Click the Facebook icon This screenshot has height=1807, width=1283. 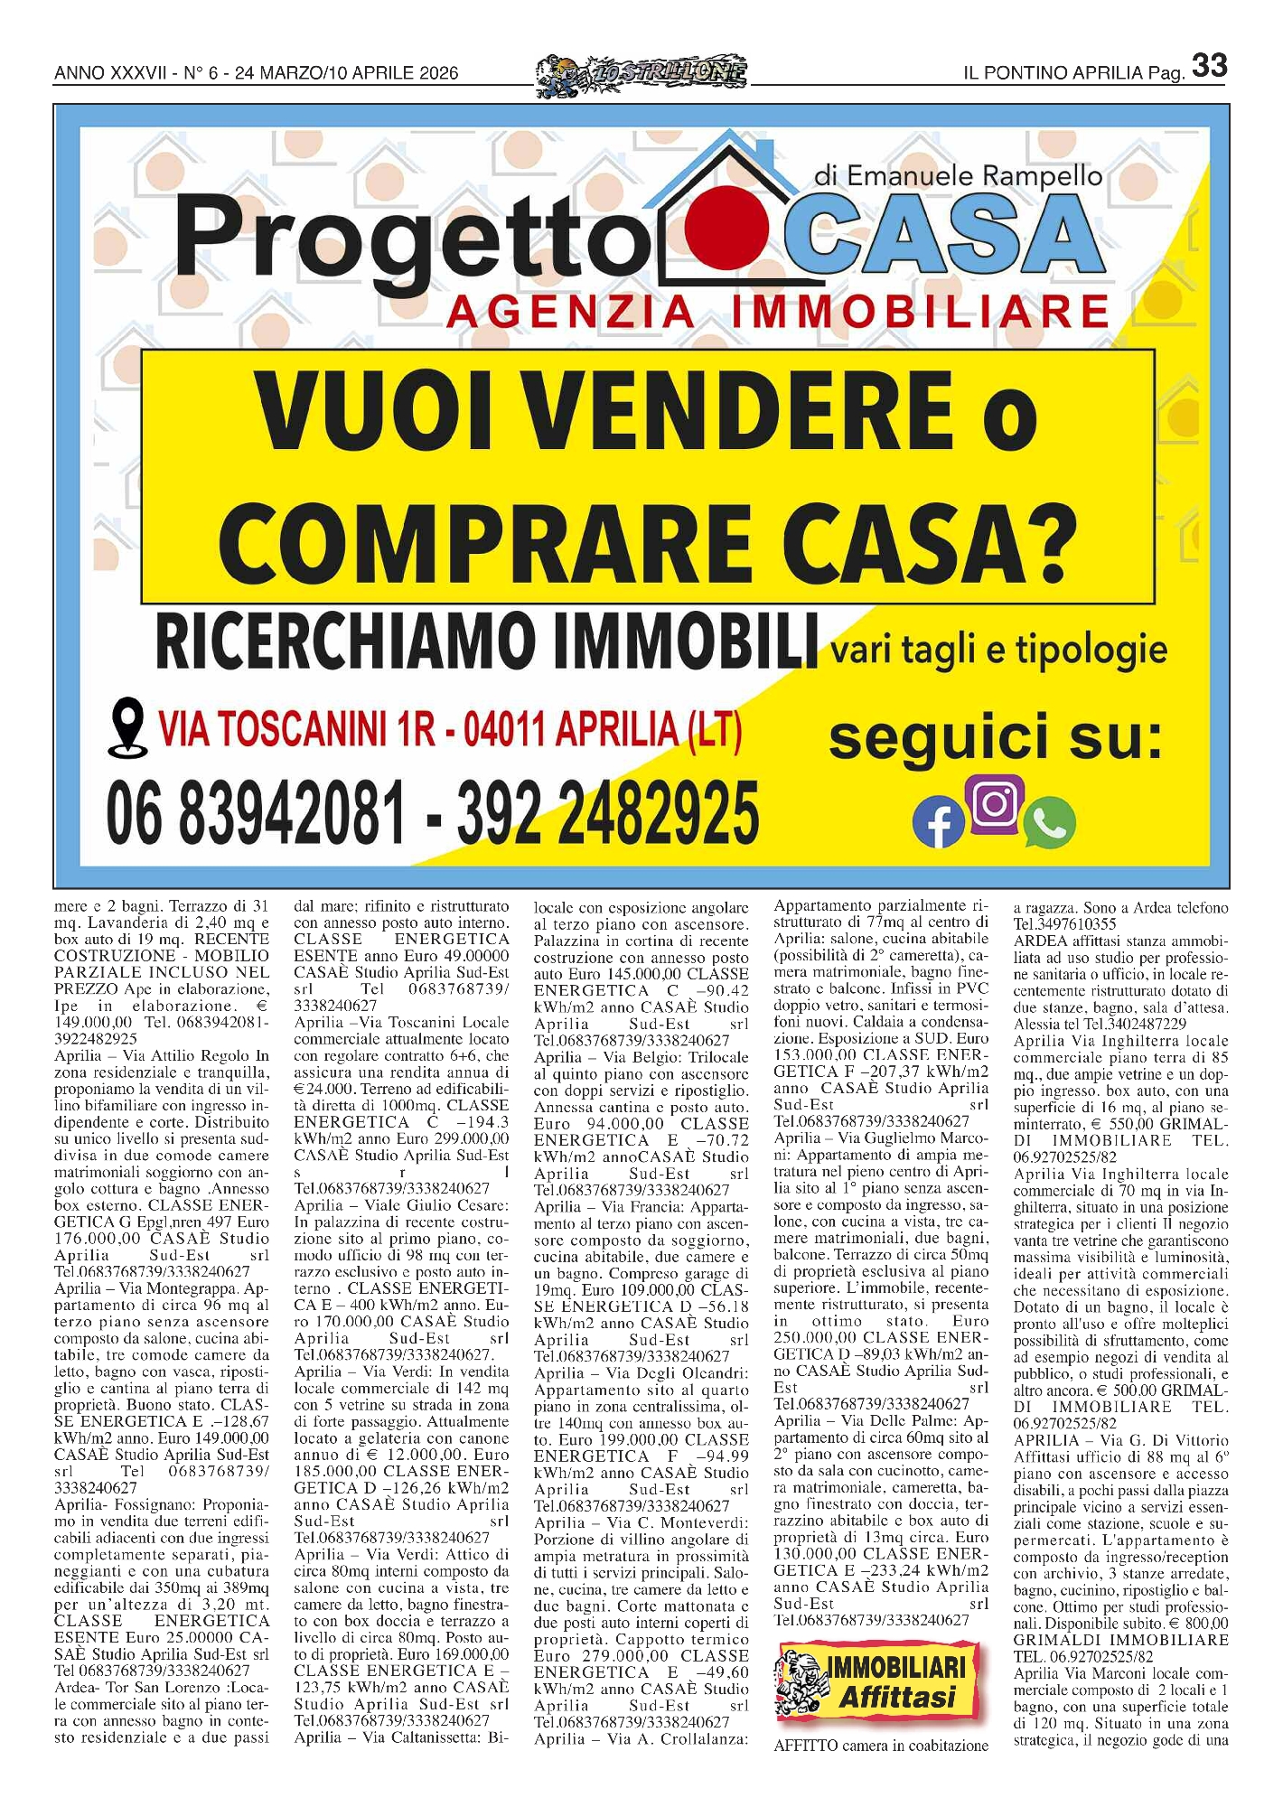(939, 824)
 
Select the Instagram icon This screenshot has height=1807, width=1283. (995, 803)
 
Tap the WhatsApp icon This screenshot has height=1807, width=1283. (1050, 822)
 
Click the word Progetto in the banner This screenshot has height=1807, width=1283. (407, 239)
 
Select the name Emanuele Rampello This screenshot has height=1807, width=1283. (958, 175)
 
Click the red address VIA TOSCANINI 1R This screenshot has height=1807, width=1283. (297, 730)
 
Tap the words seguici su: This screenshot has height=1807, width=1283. (995, 736)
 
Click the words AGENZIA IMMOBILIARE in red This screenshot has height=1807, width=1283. (777, 313)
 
